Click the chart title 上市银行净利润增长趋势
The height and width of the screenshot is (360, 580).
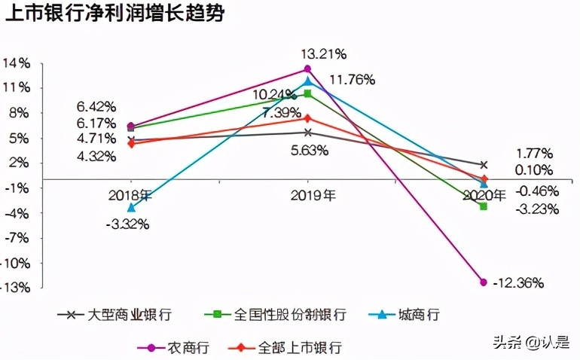coord(114,16)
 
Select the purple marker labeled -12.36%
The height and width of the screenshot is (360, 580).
coord(484,282)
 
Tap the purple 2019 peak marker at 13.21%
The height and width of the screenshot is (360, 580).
coord(307,69)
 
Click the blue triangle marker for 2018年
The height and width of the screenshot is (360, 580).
coord(131,207)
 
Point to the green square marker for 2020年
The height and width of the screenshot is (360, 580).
coord(484,206)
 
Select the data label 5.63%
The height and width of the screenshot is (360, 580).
coord(310,150)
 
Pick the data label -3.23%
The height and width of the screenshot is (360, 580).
coord(536,209)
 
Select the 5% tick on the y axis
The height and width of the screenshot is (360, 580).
coord(18,138)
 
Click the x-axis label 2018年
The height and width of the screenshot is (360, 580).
coord(130,195)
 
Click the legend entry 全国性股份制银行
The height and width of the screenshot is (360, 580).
coord(289,314)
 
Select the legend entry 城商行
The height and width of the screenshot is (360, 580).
coord(418,314)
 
